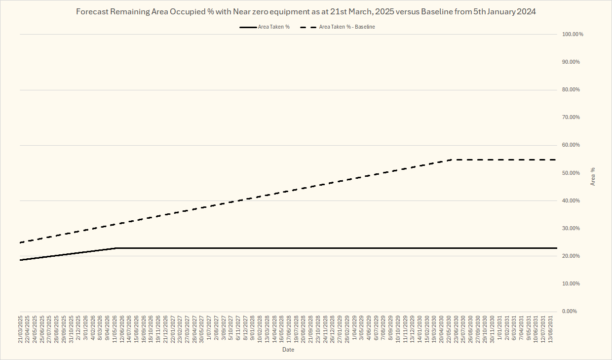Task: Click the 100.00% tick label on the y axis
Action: coord(573,34)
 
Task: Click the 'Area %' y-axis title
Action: coord(593,176)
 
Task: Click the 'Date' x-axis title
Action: coord(288,350)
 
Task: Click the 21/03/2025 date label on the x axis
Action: coord(21,329)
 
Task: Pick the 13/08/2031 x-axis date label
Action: coord(550,329)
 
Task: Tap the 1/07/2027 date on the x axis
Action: coord(208,330)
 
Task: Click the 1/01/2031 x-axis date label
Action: coord(499,330)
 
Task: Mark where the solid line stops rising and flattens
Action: coord(115,248)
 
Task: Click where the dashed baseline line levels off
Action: coord(454,160)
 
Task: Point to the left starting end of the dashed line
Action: coord(20,242)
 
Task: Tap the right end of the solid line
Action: coord(557,248)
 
